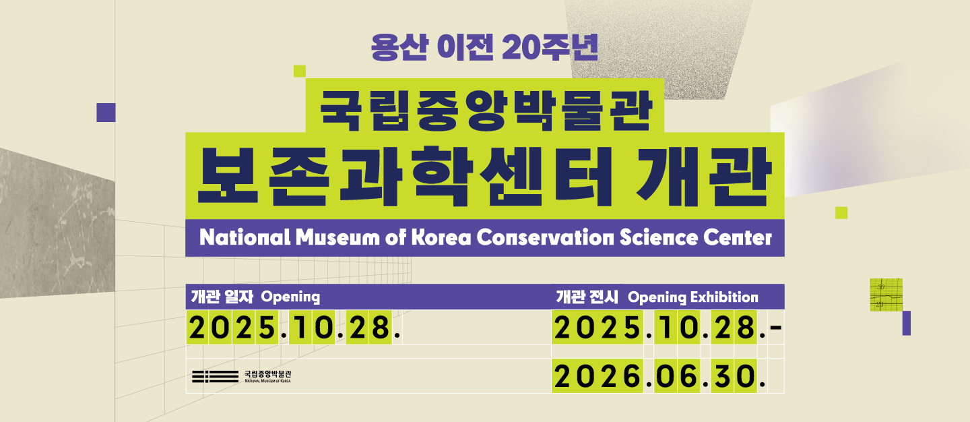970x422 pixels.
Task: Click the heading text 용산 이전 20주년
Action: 484,47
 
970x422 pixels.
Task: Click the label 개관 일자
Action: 221,297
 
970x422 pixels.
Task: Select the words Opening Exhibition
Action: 692,297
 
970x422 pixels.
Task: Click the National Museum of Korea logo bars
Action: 215,377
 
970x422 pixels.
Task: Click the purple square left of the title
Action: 106,113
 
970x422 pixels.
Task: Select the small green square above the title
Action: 300,71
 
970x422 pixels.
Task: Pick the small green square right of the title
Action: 841,213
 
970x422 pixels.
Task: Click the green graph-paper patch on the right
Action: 886,295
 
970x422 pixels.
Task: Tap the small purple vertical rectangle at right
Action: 906,323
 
